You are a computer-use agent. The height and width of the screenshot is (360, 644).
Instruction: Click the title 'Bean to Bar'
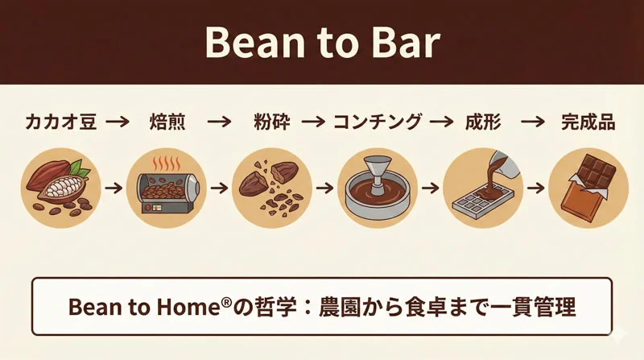click(x=322, y=42)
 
